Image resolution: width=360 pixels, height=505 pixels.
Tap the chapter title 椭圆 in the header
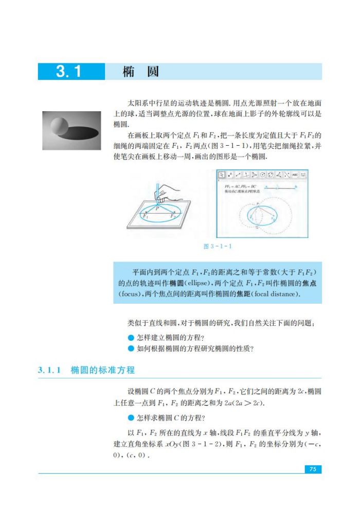click(140, 72)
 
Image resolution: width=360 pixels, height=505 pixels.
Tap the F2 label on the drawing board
click(172, 217)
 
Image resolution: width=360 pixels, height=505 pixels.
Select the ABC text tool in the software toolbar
click(295, 175)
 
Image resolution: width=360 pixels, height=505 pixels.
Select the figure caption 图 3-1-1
click(218, 246)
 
